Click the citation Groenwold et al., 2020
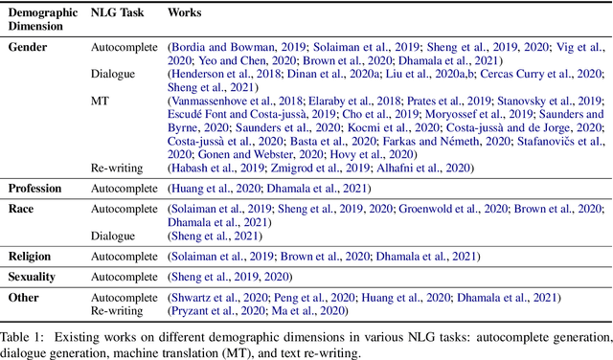pos(427,209)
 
